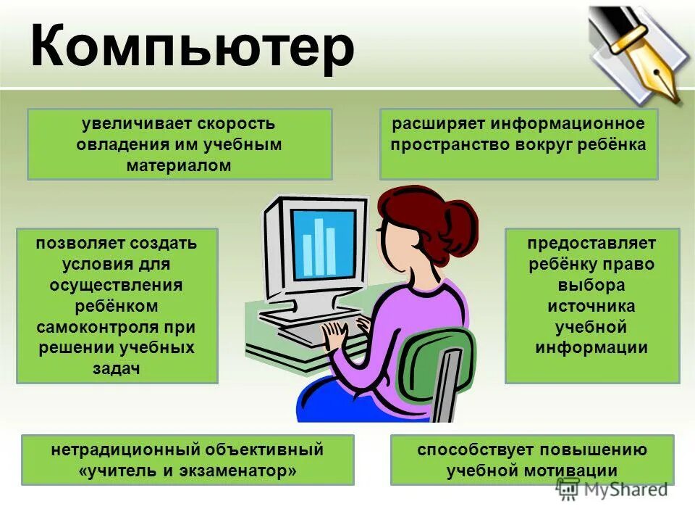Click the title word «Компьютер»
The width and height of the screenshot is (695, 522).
193,47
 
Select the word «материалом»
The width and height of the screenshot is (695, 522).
180,165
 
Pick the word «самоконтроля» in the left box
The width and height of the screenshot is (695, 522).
116,326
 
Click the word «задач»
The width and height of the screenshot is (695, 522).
116,368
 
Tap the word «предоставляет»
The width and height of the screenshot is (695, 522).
591,242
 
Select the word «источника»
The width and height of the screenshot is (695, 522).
591,305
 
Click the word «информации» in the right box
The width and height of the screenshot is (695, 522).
591,347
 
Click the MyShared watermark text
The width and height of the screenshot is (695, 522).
623,490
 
